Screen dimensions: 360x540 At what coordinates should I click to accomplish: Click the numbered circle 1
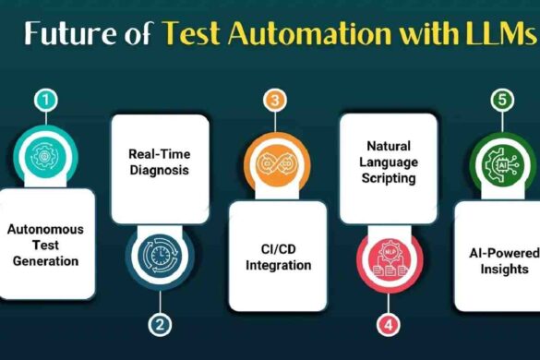click(44, 99)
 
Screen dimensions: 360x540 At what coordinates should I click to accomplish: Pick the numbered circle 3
click(271, 99)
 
